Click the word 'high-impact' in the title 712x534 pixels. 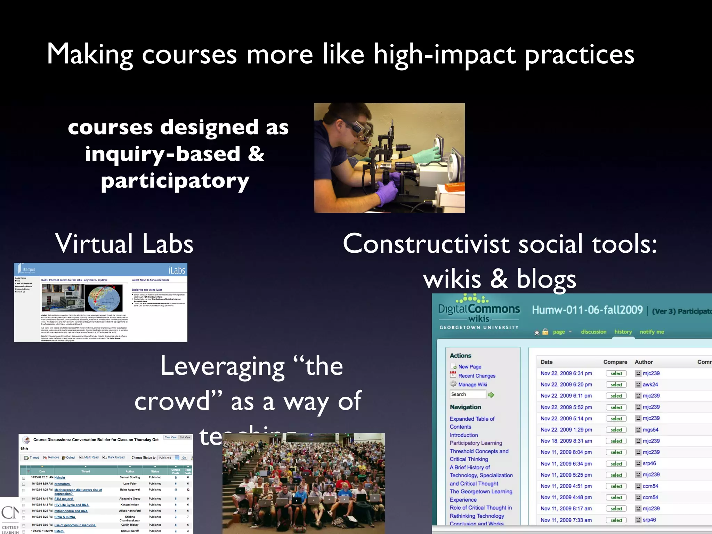coord(445,55)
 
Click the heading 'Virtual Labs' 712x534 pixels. coord(124,244)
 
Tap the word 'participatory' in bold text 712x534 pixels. coord(175,181)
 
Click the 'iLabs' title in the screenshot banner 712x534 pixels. coord(177,270)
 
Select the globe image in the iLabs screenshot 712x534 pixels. coord(104,298)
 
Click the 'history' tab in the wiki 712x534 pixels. coord(623,332)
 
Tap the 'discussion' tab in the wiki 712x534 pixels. coord(593,332)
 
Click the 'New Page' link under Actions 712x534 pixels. coord(469,366)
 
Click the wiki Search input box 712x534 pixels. coord(468,394)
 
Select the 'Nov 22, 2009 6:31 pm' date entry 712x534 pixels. coord(566,373)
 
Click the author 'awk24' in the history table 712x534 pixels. coord(650,385)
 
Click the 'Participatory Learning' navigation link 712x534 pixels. coord(476,443)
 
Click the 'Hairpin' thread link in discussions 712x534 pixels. coord(59,477)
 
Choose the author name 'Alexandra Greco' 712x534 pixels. coord(130,499)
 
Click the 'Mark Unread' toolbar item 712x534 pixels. coord(116,458)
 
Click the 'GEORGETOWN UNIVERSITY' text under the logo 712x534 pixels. coord(479,327)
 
